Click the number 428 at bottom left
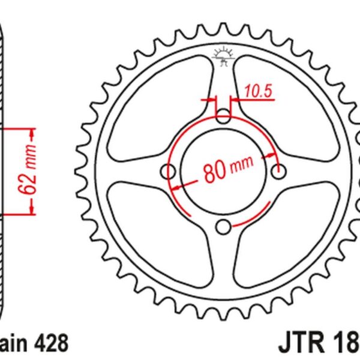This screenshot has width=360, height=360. tap(52, 344)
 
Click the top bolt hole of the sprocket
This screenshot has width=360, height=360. tap(223, 115)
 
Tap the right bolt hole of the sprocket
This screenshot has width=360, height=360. tap(277, 172)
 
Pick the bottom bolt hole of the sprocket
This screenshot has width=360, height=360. tap(224, 226)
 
